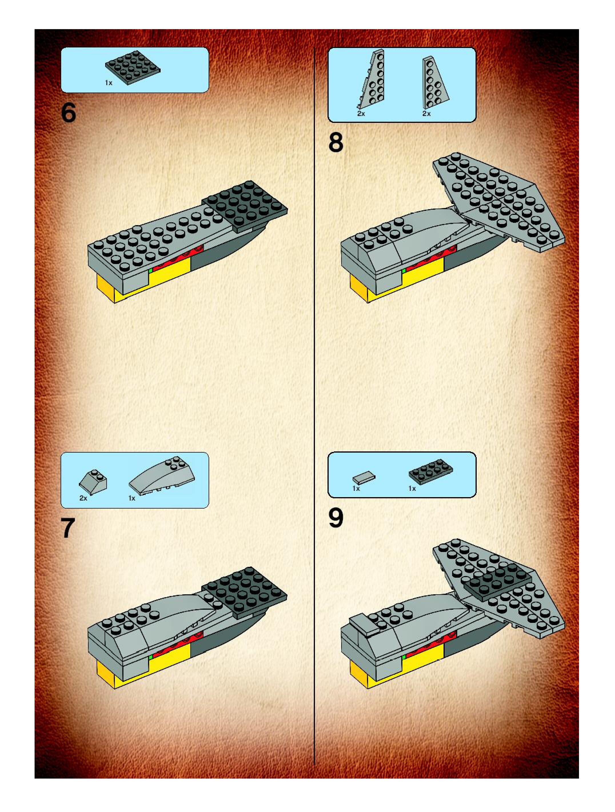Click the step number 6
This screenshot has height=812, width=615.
click(x=69, y=113)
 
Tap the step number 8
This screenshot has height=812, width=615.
click(x=336, y=143)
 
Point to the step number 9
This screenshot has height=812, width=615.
click(x=336, y=518)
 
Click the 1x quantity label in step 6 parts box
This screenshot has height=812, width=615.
click(x=109, y=83)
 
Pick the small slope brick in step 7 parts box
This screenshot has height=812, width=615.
click(x=93, y=479)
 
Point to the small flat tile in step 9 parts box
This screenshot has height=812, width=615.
click(x=364, y=478)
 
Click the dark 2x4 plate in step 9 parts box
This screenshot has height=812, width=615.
click(x=430, y=471)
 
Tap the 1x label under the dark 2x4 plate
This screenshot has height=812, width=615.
click(x=412, y=489)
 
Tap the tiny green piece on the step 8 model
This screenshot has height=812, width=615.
click(x=404, y=271)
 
